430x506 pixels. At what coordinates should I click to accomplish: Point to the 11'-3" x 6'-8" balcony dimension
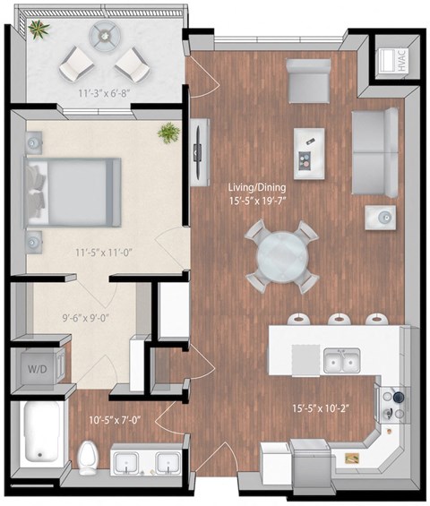pyautogui.click(x=102, y=90)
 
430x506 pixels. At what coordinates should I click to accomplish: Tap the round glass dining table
pyautogui.click(x=282, y=257)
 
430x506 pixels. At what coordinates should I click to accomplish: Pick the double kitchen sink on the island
pyautogui.click(x=342, y=359)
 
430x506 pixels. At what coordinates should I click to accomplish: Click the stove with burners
pyautogui.click(x=393, y=404)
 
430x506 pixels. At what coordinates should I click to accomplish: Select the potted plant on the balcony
pyautogui.click(x=39, y=30)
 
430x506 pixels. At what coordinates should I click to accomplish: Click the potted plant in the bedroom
pyautogui.click(x=168, y=134)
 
